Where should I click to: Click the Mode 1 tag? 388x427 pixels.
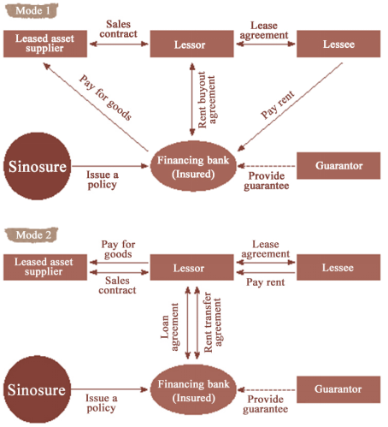[x=32, y=10]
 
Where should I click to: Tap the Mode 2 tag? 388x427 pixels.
[x=32, y=234]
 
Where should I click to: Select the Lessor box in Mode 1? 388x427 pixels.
[x=191, y=44]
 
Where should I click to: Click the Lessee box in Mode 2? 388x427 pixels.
[x=338, y=267]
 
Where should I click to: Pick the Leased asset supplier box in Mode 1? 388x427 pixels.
[x=45, y=44]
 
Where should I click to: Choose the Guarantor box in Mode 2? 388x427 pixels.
[x=338, y=389]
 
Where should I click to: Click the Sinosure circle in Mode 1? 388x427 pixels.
[x=37, y=166]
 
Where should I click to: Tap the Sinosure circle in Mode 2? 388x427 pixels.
[x=37, y=389]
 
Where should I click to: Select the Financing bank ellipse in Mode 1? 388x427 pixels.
[x=193, y=166]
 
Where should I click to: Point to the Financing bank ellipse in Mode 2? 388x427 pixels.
[x=193, y=390]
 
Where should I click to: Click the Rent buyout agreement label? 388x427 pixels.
[x=207, y=100]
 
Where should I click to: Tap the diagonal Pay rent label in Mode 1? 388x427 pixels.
[x=278, y=104]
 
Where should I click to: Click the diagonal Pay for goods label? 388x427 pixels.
[x=106, y=98]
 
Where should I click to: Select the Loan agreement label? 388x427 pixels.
[x=170, y=327]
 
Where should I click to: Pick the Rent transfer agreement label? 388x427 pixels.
[x=213, y=323]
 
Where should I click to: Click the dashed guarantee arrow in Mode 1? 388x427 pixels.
[x=267, y=166]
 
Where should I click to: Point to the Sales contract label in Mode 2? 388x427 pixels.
[x=117, y=285]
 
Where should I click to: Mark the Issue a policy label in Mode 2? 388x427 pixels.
[x=101, y=403]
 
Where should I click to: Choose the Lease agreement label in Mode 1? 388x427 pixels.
[x=264, y=30]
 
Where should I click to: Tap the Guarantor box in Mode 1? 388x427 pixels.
[x=338, y=166]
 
